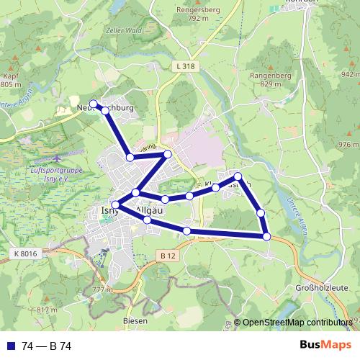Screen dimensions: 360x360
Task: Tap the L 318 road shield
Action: pos(186,66)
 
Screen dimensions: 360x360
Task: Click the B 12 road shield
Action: pos(167,256)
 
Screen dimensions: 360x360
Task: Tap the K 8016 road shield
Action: pos(24,254)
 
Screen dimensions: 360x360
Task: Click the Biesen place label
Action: pos(135,320)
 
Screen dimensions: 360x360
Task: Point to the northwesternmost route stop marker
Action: pos(93,104)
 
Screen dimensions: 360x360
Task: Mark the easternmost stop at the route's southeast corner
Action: pos(266,236)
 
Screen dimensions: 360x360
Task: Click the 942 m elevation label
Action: pos(349,74)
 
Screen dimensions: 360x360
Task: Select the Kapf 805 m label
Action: pos(11,79)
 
